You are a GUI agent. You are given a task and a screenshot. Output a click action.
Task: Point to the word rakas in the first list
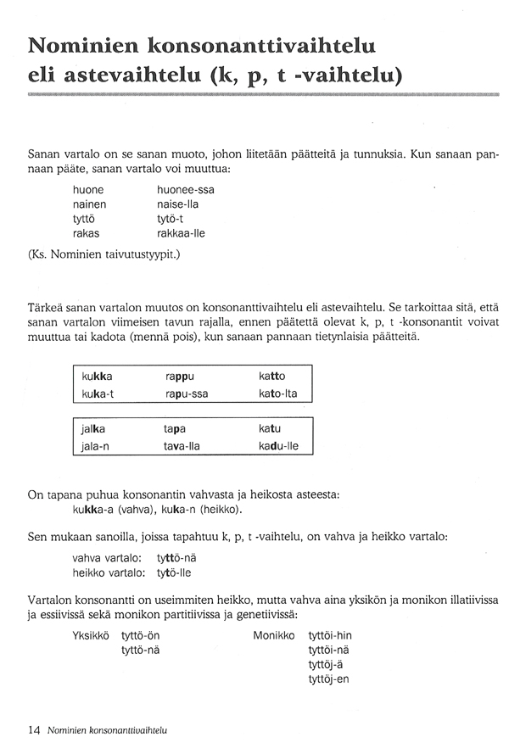click(87, 232)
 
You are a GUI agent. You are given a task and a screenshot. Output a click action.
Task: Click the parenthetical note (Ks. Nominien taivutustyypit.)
click(104, 254)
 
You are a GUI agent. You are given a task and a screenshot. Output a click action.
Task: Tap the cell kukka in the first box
click(98, 375)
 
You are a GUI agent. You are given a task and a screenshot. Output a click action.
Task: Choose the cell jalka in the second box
click(94, 428)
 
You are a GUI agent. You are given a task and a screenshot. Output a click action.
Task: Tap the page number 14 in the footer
click(34, 728)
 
